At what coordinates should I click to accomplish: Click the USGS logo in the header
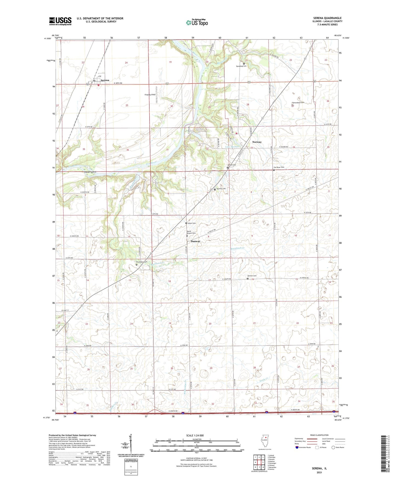(x=60, y=21)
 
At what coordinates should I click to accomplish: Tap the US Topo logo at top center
(x=197, y=22)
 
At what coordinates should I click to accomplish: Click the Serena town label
(x=105, y=80)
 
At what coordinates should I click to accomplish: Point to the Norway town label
(x=257, y=142)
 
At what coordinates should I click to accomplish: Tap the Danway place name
(x=195, y=241)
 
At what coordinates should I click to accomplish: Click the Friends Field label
(x=150, y=95)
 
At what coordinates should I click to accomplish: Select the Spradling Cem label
(x=241, y=66)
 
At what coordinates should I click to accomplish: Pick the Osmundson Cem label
(x=298, y=103)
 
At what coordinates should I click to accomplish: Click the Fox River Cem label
(x=279, y=167)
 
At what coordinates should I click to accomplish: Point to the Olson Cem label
(x=192, y=223)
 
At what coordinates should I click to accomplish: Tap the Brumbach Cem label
(x=142, y=262)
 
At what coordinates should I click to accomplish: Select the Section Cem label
(x=252, y=276)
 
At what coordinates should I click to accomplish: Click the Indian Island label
(x=90, y=172)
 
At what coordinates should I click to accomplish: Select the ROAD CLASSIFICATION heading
(x=319, y=435)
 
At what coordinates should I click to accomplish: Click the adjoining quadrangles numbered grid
(x=259, y=462)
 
